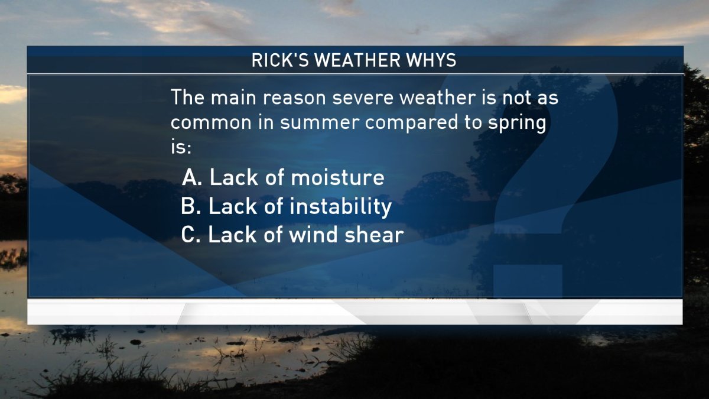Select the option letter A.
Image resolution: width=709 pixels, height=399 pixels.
190,177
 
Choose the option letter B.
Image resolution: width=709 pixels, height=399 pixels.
190,206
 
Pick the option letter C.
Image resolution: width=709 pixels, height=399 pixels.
190,235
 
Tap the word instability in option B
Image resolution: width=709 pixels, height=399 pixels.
340,206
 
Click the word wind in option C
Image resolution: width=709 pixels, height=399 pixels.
313,235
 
